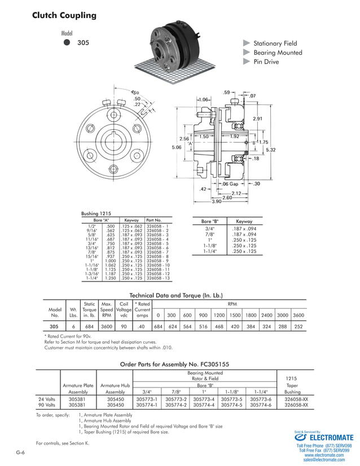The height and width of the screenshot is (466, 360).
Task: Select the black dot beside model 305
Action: [67, 42]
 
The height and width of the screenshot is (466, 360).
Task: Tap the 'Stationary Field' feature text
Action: [275, 43]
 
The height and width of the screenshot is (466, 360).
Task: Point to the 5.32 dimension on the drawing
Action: [270, 150]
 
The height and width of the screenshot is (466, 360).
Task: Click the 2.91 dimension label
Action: [257, 118]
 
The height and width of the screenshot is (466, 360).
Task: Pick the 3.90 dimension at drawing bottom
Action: [216, 201]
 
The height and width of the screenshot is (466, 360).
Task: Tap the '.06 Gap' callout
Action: [230, 184]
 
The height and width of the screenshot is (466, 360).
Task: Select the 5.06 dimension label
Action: [177, 147]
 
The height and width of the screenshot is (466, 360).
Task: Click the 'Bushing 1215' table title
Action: [97, 214]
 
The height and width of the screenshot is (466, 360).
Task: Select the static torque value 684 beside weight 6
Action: [89, 327]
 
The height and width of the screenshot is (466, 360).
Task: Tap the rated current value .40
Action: [143, 327]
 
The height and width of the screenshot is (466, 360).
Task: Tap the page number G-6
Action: [20, 453]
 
